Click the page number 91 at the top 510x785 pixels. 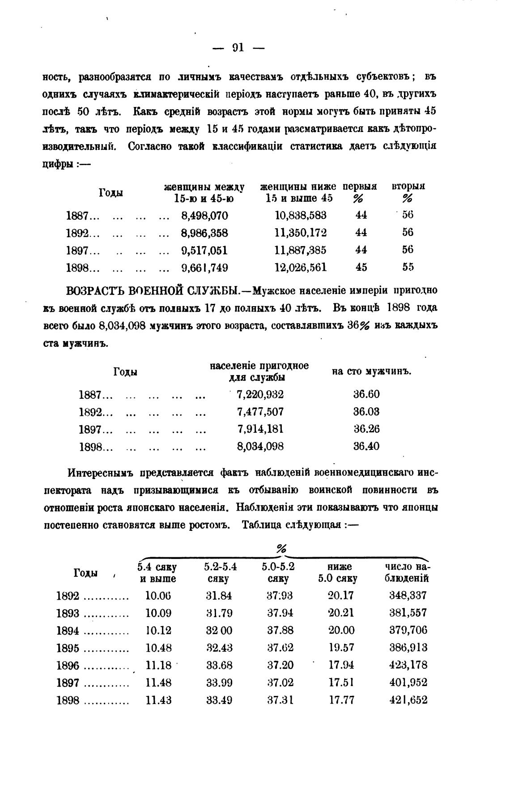238,47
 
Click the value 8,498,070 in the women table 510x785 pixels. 204,216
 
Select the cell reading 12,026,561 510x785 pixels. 300,268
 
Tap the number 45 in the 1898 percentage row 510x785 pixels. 361,268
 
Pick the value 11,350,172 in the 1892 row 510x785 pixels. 300,233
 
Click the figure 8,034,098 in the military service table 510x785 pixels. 260,447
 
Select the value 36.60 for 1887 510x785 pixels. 366,394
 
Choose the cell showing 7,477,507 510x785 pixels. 260,412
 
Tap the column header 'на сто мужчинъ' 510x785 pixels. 371,372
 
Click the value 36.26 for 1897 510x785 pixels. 366,429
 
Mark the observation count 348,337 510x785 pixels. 408,596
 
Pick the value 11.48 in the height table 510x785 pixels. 159,683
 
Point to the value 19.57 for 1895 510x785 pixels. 341,648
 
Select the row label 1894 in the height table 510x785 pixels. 68,631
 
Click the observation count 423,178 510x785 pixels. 408,666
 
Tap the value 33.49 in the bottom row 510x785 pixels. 219,700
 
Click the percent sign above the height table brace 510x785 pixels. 281,549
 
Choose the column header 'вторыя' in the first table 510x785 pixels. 408,187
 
